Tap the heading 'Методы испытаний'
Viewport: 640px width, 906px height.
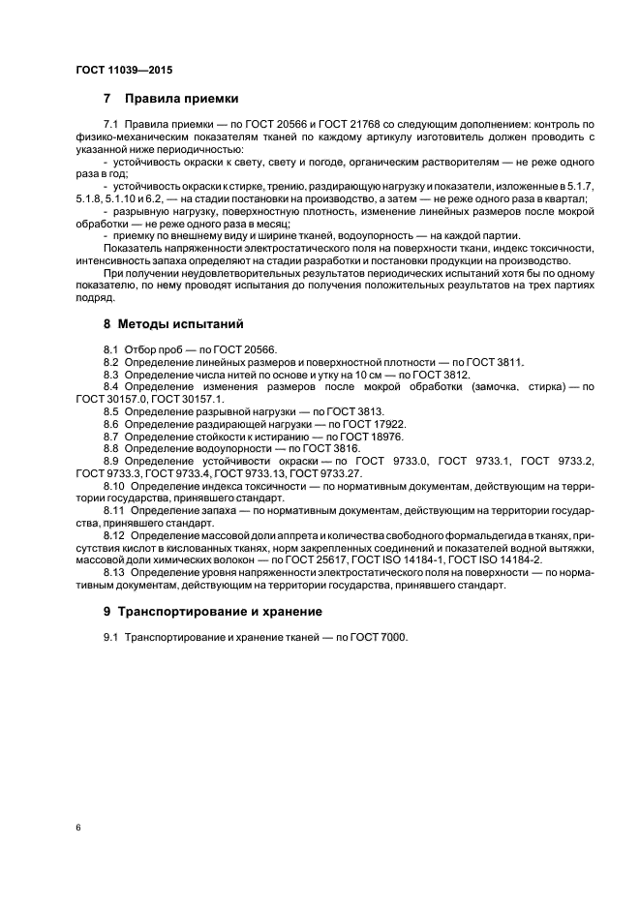(180, 323)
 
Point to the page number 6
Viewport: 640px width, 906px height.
(76, 829)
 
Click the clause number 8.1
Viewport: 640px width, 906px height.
(110, 348)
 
